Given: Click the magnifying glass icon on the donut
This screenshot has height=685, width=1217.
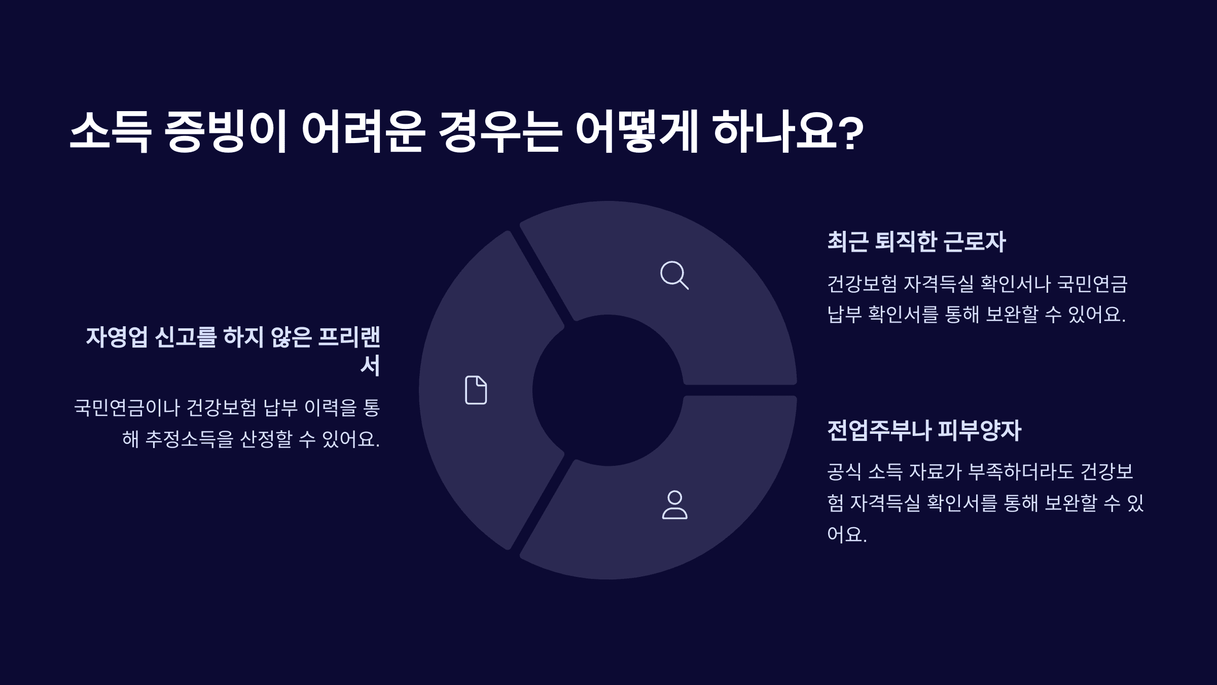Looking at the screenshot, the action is [674, 275].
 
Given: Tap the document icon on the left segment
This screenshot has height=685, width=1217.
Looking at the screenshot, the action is [476, 390].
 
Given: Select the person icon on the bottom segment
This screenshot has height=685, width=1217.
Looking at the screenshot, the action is [674, 505].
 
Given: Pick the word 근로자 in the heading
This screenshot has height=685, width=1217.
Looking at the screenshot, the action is [974, 242].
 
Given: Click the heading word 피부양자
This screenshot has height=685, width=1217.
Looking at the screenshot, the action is [979, 430].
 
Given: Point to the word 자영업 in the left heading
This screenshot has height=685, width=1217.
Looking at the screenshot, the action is [117, 337].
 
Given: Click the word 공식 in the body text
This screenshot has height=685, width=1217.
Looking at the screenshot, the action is [844, 472].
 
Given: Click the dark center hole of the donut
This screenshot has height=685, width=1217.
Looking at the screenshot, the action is [607, 390].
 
